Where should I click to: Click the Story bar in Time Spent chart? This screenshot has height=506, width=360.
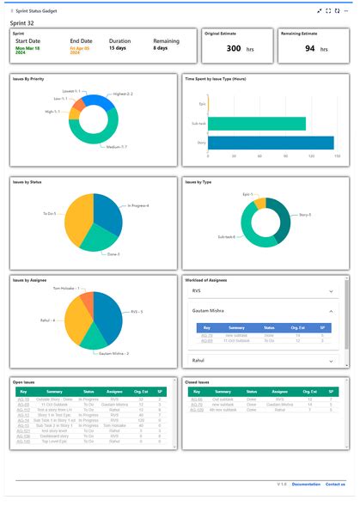pos(271,143)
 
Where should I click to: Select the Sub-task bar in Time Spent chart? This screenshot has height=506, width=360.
pos(257,124)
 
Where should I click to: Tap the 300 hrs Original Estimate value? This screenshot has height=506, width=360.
pos(234,48)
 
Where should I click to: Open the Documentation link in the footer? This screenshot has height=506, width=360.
pos(306,485)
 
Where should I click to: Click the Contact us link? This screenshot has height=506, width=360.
pos(335,485)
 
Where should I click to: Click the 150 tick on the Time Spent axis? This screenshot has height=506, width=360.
pos(337,155)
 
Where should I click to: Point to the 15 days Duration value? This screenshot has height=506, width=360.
pos(117,48)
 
